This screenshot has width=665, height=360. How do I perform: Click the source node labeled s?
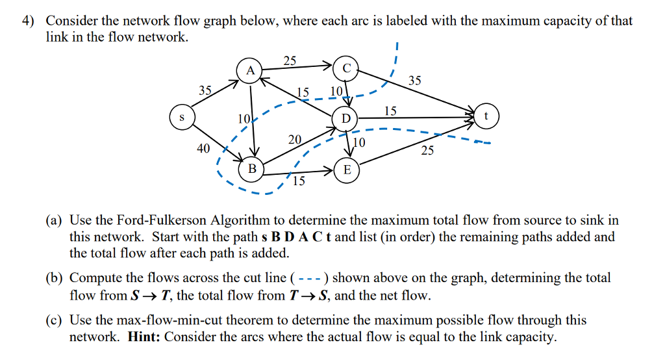[182, 118]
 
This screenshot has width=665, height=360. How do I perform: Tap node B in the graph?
[252, 169]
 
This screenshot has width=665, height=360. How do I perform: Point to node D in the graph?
[345, 118]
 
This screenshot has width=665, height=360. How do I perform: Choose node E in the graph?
[347, 170]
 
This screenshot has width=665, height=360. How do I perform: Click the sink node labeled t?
[486, 117]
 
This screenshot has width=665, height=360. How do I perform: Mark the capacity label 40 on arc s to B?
[203, 149]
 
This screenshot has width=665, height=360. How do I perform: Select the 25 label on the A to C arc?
[290, 60]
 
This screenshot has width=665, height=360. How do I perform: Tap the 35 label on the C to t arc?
[414, 81]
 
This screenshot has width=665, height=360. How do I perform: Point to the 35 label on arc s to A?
[205, 90]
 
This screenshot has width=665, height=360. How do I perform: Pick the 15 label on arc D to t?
[390, 111]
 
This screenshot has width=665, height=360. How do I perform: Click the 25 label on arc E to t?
[427, 151]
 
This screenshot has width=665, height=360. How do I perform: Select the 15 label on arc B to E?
[298, 181]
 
